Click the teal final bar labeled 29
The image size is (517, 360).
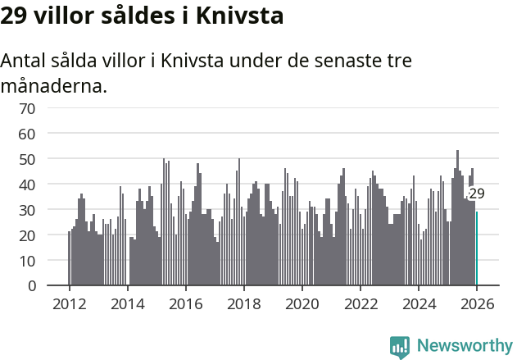click(477, 248)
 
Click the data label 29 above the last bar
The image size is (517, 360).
click(477, 194)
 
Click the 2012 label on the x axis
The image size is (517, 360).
click(69, 303)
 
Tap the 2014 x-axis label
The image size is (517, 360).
click(127, 303)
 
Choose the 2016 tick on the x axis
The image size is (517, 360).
click(185, 303)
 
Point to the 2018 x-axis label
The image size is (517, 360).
click(243, 303)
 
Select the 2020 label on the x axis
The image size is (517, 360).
click(302, 303)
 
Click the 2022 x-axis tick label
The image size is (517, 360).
click(361, 303)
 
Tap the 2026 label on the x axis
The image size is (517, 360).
click(477, 303)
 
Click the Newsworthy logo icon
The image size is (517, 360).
click(400, 347)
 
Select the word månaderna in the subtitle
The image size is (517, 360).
click(54, 85)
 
